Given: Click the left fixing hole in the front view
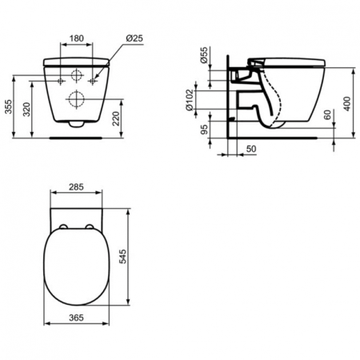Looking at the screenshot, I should (61, 82).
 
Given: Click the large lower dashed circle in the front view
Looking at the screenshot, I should (78, 101).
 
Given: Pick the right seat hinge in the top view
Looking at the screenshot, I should (88, 229).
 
